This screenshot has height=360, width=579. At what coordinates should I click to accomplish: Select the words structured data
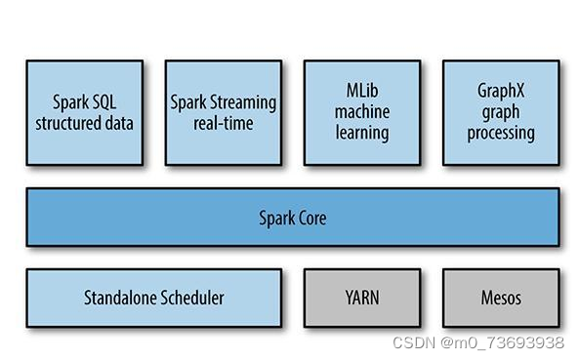pyautogui.click(x=84, y=123)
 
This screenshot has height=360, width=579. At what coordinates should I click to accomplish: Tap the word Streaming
pyautogui.click(x=243, y=102)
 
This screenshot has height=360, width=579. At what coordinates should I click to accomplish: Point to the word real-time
pyautogui.click(x=224, y=123)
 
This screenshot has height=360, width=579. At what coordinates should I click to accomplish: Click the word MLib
pyautogui.click(x=362, y=91)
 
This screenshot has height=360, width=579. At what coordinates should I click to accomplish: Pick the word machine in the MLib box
pyautogui.click(x=362, y=112)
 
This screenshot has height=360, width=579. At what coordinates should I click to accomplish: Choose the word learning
pyautogui.click(x=362, y=133)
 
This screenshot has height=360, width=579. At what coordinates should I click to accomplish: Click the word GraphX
pyautogui.click(x=501, y=91)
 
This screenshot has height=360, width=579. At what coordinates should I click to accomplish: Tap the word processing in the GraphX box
pyautogui.click(x=501, y=133)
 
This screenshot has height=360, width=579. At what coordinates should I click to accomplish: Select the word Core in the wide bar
pyautogui.click(x=312, y=218)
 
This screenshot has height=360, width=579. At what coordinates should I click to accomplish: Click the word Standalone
pyautogui.click(x=118, y=298)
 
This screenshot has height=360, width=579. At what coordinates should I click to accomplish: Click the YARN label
pyautogui.click(x=362, y=298)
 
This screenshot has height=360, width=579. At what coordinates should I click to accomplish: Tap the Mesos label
pyautogui.click(x=501, y=298)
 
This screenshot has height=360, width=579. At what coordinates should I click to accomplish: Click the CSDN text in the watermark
pyautogui.click(x=414, y=342)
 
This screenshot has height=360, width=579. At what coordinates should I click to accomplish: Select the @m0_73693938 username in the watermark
pyautogui.click(x=502, y=342)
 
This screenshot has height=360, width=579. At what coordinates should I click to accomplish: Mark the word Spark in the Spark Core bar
pyautogui.click(x=276, y=219)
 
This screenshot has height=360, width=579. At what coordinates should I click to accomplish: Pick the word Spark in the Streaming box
pyautogui.click(x=188, y=102)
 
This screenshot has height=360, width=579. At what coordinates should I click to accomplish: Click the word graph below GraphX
pyautogui.click(x=501, y=112)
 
